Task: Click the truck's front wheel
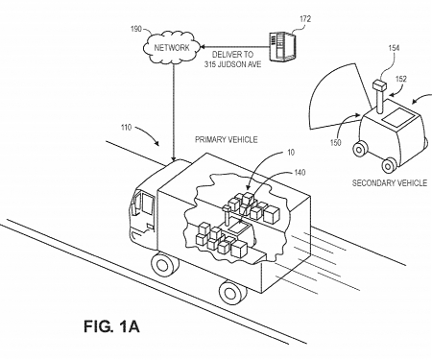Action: (x=164, y=267)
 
